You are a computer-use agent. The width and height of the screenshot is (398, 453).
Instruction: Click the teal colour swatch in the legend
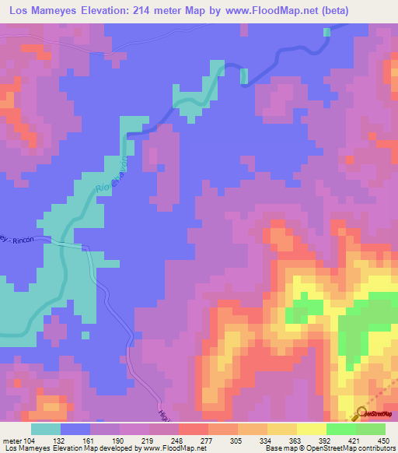[46, 429]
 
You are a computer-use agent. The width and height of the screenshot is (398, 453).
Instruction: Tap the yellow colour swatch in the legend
[311, 429]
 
